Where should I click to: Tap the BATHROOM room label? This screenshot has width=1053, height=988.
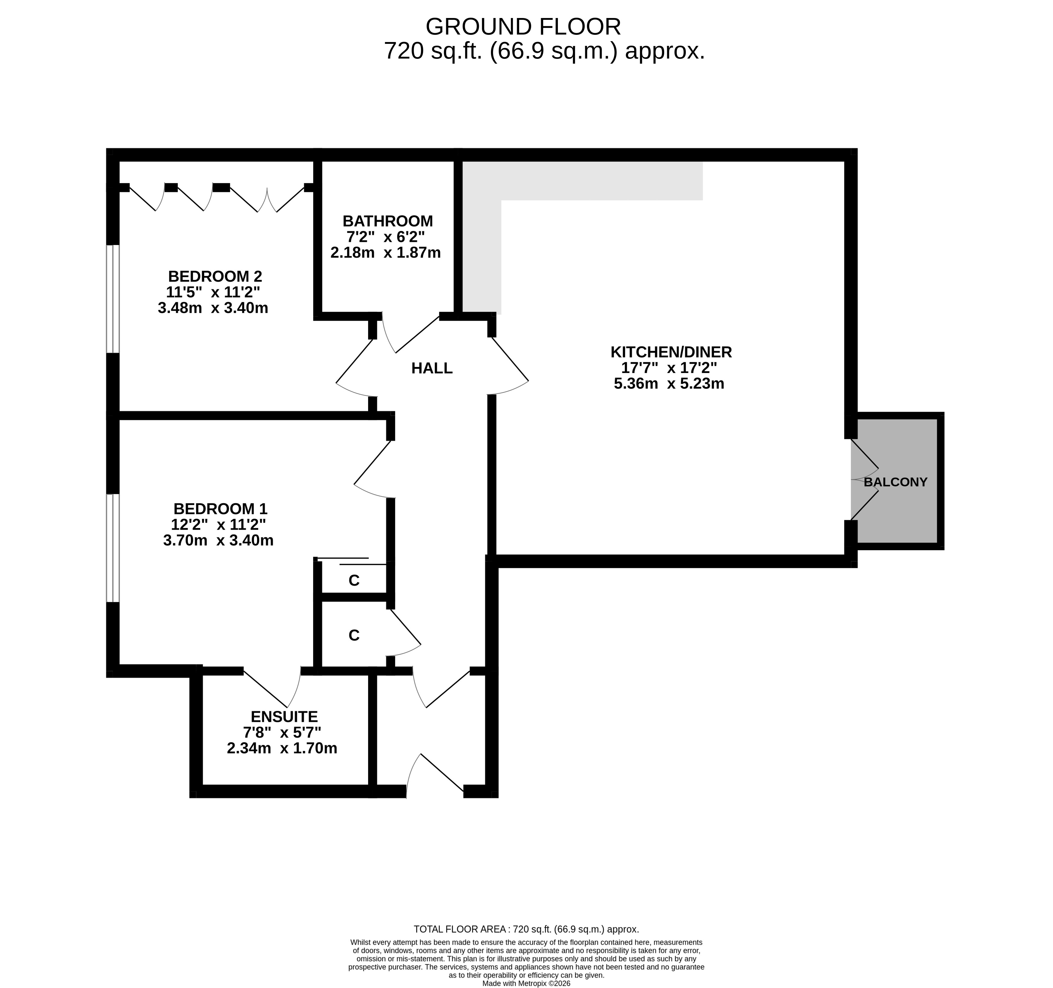pos(387,221)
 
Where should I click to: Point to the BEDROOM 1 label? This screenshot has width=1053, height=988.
pos(220,509)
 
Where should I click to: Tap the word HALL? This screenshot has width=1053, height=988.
pos(432,368)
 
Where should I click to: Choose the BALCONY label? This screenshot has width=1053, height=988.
pos(895,482)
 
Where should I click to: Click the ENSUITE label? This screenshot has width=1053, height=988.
pos(284,717)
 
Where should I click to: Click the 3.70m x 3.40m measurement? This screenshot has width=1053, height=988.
pos(218,540)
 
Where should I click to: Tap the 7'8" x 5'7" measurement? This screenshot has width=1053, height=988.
pos(282,733)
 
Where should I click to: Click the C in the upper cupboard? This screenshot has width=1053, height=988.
pos(354,580)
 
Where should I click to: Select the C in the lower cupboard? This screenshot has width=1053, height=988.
pos(354,635)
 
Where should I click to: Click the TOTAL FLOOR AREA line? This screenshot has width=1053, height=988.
pos(526,929)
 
